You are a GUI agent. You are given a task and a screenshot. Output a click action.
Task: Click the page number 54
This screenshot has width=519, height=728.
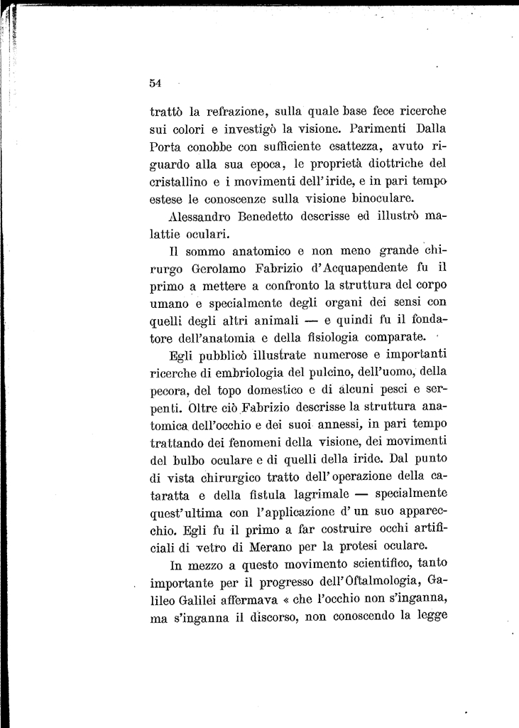(156, 82)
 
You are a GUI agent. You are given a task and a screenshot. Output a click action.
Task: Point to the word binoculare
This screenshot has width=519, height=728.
(378, 198)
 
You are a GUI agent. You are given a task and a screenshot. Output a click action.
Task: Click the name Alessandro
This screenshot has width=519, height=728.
(204, 216)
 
